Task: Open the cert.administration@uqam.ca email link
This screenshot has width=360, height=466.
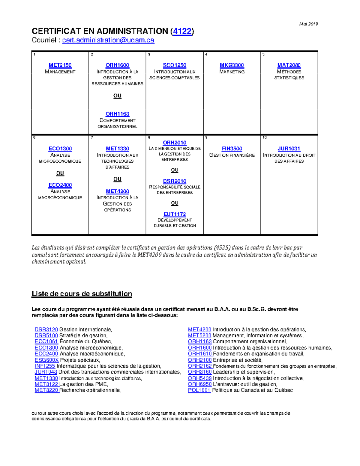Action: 108,40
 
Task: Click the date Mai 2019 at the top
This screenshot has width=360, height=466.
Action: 308,24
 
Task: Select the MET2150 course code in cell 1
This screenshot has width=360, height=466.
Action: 60,65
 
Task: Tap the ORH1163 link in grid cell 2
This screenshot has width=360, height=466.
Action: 117,114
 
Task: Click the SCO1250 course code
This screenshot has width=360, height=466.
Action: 175,65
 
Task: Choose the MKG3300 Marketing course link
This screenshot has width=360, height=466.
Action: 232,65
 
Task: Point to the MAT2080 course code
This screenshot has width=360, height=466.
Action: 289,65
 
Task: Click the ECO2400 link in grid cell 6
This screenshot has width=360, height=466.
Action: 60,185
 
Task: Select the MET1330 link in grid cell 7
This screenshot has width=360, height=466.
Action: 117,149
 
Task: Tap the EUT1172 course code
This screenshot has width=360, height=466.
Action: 175,214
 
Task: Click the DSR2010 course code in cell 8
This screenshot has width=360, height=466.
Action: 175,181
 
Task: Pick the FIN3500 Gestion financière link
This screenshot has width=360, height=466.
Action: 232,149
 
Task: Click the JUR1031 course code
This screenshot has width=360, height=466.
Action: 289,149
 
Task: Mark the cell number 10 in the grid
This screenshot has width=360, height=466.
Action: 264,137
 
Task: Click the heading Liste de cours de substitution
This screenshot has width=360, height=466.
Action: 82,294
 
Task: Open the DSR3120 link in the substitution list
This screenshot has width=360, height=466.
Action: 46,329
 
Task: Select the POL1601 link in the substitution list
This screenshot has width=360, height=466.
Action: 199,390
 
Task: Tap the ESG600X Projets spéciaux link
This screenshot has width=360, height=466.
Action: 46,360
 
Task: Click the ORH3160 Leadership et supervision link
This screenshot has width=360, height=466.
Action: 200,372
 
